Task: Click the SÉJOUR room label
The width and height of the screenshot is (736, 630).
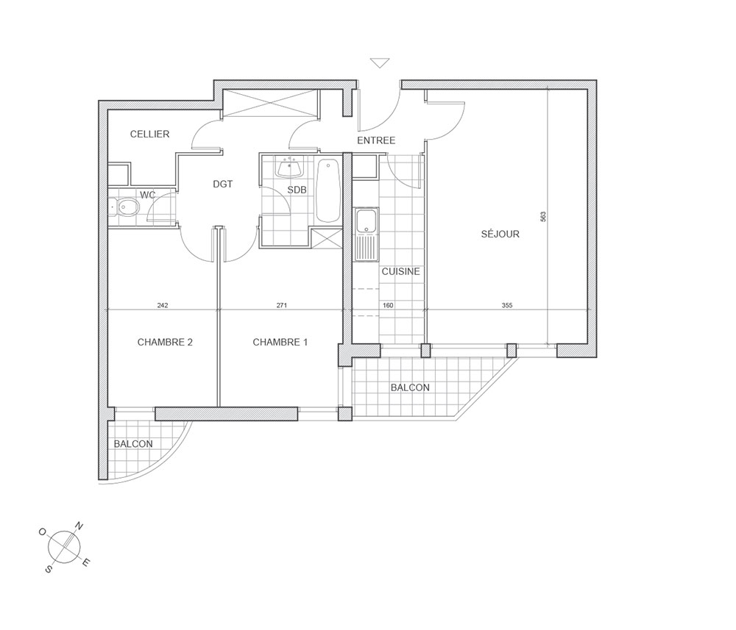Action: [500, 234]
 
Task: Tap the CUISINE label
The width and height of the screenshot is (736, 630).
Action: [400, 271]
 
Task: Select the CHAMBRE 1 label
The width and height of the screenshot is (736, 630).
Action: [280, 342]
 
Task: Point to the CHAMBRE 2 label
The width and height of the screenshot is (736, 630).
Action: [165, 342]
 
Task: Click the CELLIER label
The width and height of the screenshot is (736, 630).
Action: [149, 134]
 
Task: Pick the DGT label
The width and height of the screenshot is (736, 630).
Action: [222, 185]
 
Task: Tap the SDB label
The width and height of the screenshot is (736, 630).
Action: [297, 190]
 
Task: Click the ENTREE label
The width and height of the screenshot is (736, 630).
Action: [376, 140]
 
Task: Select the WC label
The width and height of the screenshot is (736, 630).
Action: [147, 195]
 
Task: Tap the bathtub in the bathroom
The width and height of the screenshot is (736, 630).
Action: [328, 191]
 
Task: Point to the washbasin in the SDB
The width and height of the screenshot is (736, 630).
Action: [290, 168]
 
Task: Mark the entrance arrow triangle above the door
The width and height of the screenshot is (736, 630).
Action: [380, 62]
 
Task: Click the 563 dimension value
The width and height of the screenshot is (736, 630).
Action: [543, 217]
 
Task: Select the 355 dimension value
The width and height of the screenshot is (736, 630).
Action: [507, 305]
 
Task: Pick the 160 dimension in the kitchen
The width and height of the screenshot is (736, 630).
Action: [388, 305]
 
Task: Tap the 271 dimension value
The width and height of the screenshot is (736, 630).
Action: [282, 305]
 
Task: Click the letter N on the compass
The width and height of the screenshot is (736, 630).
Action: [79, 526]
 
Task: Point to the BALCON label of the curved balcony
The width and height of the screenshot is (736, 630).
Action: [133, 444]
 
